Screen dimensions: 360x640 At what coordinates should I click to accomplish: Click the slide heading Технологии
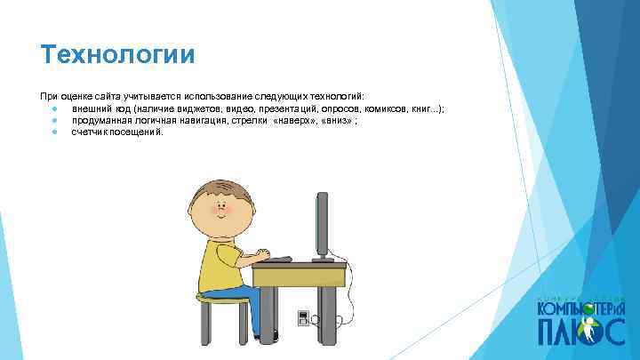coord(116,55)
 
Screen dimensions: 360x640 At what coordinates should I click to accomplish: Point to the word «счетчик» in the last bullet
coord(89,132)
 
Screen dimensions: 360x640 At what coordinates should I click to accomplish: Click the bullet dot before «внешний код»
coord(54,108)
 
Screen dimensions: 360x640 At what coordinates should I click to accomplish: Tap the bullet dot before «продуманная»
coord(54,120)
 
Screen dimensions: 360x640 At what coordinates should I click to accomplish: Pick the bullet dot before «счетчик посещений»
coord(54,132)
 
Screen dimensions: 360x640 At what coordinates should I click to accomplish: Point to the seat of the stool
coord(221,300)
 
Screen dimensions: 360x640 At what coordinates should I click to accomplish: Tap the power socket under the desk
coord(303,316)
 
